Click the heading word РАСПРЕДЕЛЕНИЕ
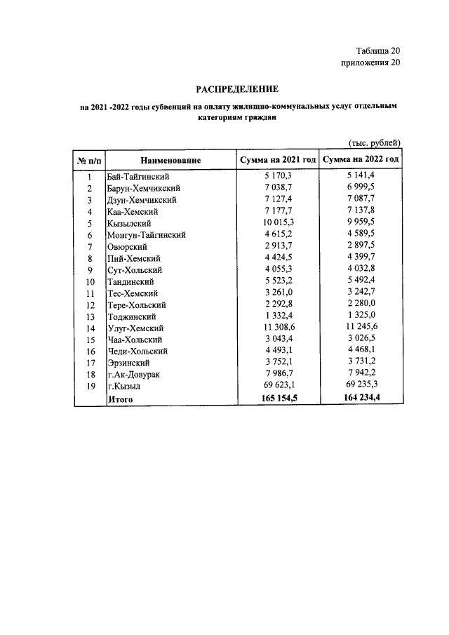pyautogui.click(x=236, y=89)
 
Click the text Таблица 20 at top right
pyautogui.click(x=376, y=51)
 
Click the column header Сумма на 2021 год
pyautogui.click(x=278, y=160)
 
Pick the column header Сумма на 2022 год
pyautogui.click(x=361, y=160)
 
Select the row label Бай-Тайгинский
pyautogui.click(x=138, y=177)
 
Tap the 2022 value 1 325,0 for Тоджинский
pyautogui.click(x=362, y=316)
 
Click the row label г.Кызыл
pyautogui.click(x=125, y=386)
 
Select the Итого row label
pyautogui.click(x=119, y=399)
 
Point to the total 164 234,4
pyautogui.click(x=361, y=399)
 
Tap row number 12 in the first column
pyautogui.click(x=90, y=305)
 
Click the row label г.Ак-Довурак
pyautogui.click(x=133, y=375)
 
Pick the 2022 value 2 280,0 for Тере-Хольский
pyautogui.click(x=362, y=305)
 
